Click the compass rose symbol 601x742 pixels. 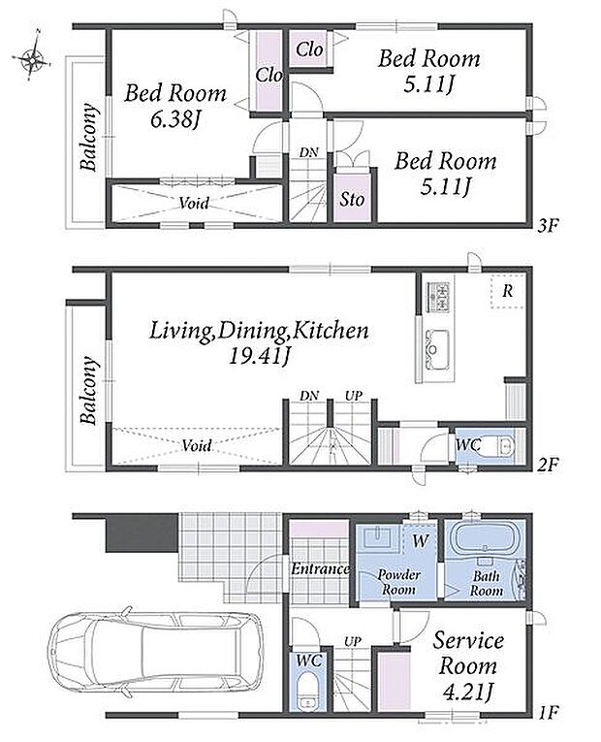(x=31, y=58)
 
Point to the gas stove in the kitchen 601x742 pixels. (x=438, y=297)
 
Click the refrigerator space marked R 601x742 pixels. (x=507, y=291)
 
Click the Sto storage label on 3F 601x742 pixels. (x=352, y=199)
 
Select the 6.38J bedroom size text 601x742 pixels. (x=174, y=119)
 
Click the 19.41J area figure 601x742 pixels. (x=259, y=356)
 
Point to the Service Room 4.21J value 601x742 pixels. (x=467, y=693)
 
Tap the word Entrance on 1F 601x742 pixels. (x=320, y=568)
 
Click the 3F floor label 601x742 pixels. (x=548, y=226)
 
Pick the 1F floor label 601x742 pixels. (x=549, y=711)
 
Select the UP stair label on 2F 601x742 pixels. (x=353, y=396)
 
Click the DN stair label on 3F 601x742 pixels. (x=308, y=152)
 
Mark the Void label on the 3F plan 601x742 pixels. (x=194, y=203)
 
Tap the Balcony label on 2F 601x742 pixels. (x=89, y=391)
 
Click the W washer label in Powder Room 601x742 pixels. (x=420, y=540)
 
